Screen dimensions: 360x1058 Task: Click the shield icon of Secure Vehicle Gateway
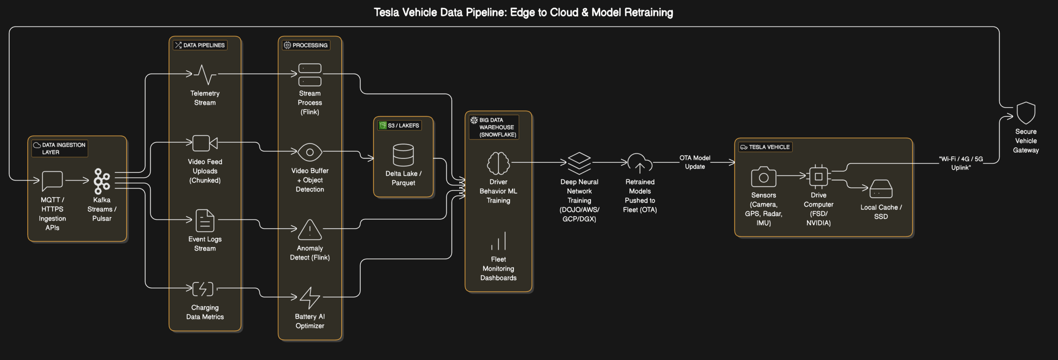(1025, 113)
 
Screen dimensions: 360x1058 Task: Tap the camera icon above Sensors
(763, 177)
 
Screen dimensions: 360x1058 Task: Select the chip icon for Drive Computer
(818, 177)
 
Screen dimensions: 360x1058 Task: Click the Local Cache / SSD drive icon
(881, 189)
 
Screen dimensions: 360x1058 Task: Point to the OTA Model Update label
(695, 162)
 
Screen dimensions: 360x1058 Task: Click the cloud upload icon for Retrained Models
(639, 164)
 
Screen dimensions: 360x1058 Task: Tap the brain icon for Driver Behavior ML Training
(498, 163)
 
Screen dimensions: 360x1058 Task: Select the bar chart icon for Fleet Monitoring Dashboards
(498, 241)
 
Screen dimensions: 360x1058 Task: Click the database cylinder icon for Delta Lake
(403, 155)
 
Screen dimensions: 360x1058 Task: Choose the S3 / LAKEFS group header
(399, 125)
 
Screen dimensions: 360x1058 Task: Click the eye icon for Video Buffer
(310, 153)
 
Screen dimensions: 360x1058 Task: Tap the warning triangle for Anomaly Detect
(310, 230)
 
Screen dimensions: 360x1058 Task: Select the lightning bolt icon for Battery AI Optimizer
(310, 298)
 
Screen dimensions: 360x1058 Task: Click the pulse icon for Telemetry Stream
(205, 75)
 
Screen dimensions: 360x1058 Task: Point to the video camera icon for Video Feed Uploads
(205, 143)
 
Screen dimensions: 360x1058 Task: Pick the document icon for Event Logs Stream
(205, 220)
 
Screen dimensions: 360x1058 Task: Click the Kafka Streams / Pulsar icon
(102, 181)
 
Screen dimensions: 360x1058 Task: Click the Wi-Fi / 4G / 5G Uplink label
(960, 163)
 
